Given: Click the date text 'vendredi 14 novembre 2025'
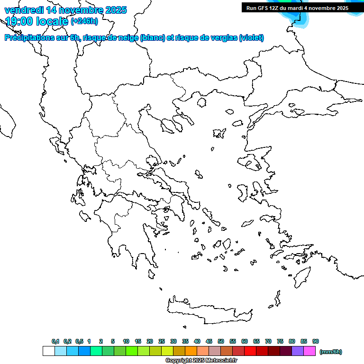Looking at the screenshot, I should [66, 10].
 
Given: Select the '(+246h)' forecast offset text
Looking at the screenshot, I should [84, 21].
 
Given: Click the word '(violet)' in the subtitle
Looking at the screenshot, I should [252, 38].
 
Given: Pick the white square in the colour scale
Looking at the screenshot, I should [48, 351].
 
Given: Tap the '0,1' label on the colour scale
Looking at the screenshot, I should [55, 341].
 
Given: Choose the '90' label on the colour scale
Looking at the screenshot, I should [316, 341].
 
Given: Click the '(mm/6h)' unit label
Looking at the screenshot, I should [331, 352].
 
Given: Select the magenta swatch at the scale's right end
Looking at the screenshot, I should [309, 351].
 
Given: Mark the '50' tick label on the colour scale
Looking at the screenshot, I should [221, 341].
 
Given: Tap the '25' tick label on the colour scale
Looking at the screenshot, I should [162, 341].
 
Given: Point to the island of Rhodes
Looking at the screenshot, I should [301, 278].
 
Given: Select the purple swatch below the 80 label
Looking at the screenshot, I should [298, 351].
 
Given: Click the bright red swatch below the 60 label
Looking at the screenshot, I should [250, 351].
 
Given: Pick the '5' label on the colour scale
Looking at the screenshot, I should [113, 341].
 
